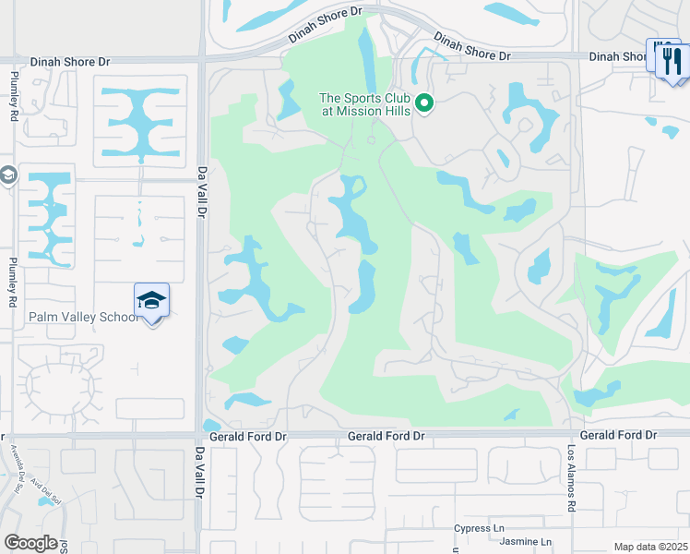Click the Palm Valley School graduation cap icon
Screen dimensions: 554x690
pos(151,300)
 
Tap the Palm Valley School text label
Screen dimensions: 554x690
pos(83,317)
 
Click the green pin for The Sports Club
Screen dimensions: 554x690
pos(424,103)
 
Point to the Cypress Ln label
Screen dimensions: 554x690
pos(479,529)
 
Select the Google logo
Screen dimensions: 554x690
pos(30,543)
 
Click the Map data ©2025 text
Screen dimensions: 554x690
pos(649,547)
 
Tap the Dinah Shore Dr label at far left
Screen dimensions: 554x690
pos(69,61)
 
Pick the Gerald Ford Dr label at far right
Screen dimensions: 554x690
pos(617,435)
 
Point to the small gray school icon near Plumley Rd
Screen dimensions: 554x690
pos(7,175)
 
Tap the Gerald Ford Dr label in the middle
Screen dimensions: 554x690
pos(386,435)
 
